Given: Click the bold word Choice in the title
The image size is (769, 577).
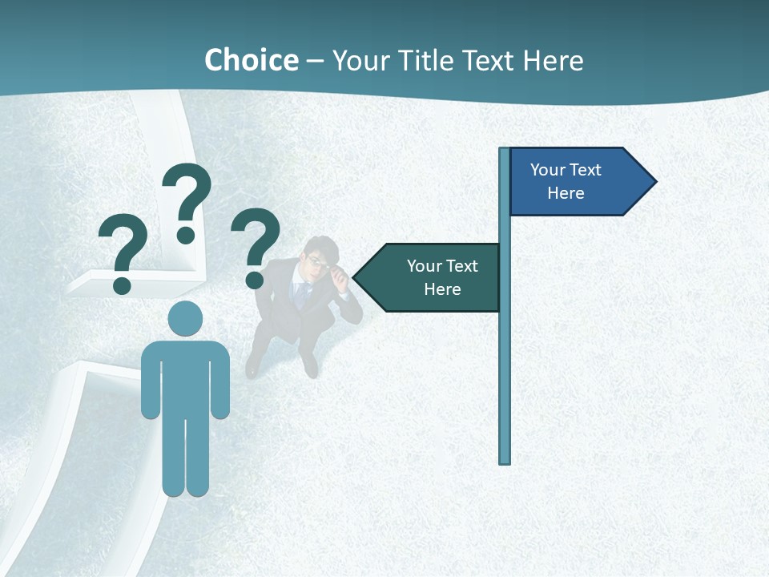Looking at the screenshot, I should coord(251,60).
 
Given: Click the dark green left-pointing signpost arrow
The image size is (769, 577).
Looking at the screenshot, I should coord(433,277).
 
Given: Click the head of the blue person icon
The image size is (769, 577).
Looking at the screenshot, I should coord(185,319).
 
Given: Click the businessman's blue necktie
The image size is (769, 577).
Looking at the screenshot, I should coord(301,293).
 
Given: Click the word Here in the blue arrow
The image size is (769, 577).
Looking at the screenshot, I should coord(566,193).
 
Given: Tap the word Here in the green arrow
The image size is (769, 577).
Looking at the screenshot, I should coord(442,289).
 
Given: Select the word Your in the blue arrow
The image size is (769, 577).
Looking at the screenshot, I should coord(548,170).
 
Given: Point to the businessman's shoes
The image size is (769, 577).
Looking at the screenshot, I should coord(309,366).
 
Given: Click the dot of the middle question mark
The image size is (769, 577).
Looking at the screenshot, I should coord(186,235).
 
